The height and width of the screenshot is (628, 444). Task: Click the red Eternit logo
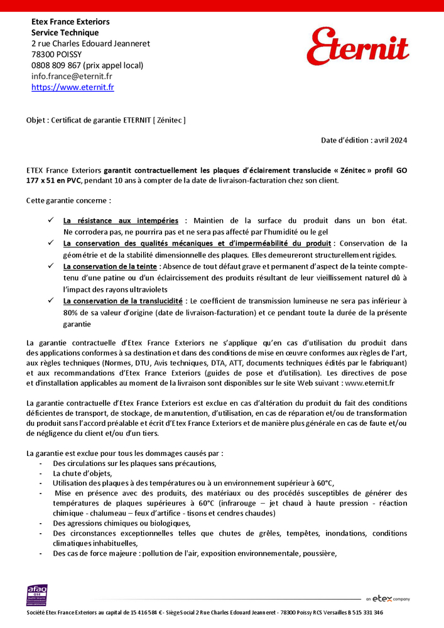(357, 46)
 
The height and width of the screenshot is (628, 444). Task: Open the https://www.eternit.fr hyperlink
(73, 87)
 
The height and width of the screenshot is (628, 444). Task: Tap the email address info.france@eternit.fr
(72, 76)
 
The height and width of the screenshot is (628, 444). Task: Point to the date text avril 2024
(390, 140)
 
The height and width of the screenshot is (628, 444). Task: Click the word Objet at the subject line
(36, 119)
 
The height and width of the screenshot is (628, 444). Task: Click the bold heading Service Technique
(65, 32)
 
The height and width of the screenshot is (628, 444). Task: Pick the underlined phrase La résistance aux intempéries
(121, 220)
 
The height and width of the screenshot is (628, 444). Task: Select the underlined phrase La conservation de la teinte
(111, 266)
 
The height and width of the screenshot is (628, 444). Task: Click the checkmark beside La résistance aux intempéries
(51, 220)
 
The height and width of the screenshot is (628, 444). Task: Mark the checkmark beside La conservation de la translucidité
(51, 301)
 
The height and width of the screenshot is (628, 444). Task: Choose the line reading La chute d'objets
(82, 473)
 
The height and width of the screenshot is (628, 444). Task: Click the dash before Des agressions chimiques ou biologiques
(41, 523)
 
